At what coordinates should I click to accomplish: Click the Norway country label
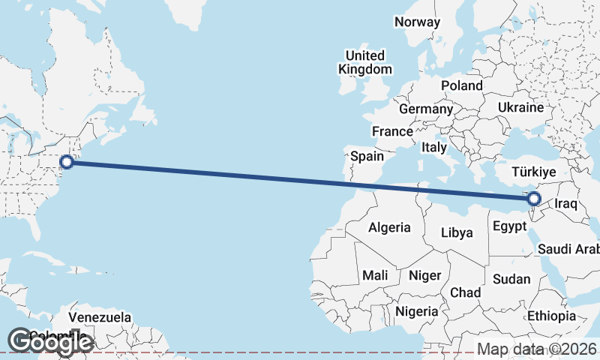pos(417,22)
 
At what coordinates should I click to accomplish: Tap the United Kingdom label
pos(365,62)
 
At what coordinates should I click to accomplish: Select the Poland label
pos(461,85)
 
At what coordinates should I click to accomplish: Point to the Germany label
pos(426,109)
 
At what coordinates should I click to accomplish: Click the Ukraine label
pos(520,107)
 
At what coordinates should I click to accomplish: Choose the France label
pos(392,131)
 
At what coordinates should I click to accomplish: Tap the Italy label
pos(434,147)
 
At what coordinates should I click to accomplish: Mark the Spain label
pos(367,157)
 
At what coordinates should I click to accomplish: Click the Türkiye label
pos(533,172)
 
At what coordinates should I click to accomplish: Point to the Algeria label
pos(389,227)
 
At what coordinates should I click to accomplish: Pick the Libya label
pos(457,232)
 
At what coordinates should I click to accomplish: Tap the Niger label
pos(424,275)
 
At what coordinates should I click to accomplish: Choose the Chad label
pos(465,292)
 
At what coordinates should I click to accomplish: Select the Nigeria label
pos(417,310)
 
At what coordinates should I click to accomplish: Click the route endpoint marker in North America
pos(66,161)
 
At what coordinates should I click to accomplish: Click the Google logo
pos(49,342)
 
